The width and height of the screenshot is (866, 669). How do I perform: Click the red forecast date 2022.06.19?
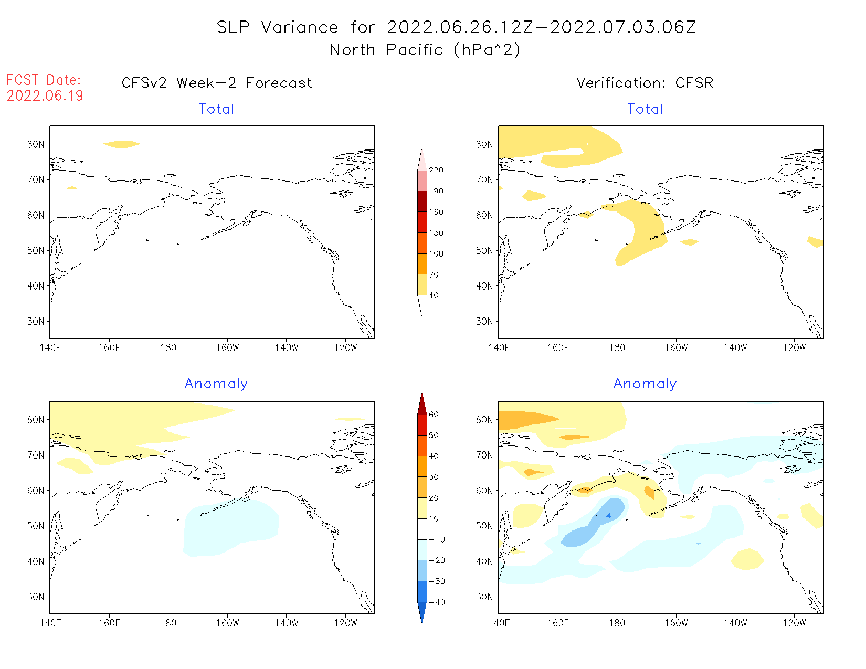(x=45, y=95)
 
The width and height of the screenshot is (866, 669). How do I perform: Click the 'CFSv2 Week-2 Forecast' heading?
(x=216, y=83)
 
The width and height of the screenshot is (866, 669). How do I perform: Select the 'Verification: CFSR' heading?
(x=645, y=83)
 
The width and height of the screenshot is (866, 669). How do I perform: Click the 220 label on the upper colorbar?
(x=436, y=171)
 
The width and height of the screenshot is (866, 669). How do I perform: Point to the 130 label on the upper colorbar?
(x=436, y=233)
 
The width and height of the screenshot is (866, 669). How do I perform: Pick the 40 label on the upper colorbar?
(x=434, y=295)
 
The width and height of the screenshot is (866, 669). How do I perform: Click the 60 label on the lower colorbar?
(x=434, y=415)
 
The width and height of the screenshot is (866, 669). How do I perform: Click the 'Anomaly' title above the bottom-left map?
(x=216, y=384)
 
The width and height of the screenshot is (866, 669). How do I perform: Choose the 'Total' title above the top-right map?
(x=645, y=109)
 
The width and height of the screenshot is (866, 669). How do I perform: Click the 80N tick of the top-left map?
(x=36, y=144)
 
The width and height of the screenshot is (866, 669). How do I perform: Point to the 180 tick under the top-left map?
(x=168, y=347)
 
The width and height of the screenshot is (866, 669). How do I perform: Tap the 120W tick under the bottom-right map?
(x=794, y=623)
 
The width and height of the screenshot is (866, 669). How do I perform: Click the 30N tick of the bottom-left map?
(x=36, y=597)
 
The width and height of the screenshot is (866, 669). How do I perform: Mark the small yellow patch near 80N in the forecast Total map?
(x=121, y=144)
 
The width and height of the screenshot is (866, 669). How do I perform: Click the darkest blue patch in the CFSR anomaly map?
(x=609, y=515)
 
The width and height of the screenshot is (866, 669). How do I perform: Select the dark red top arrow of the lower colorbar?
(x=422, y=404)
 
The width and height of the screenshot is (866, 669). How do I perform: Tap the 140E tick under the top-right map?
(x=499, y=347)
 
